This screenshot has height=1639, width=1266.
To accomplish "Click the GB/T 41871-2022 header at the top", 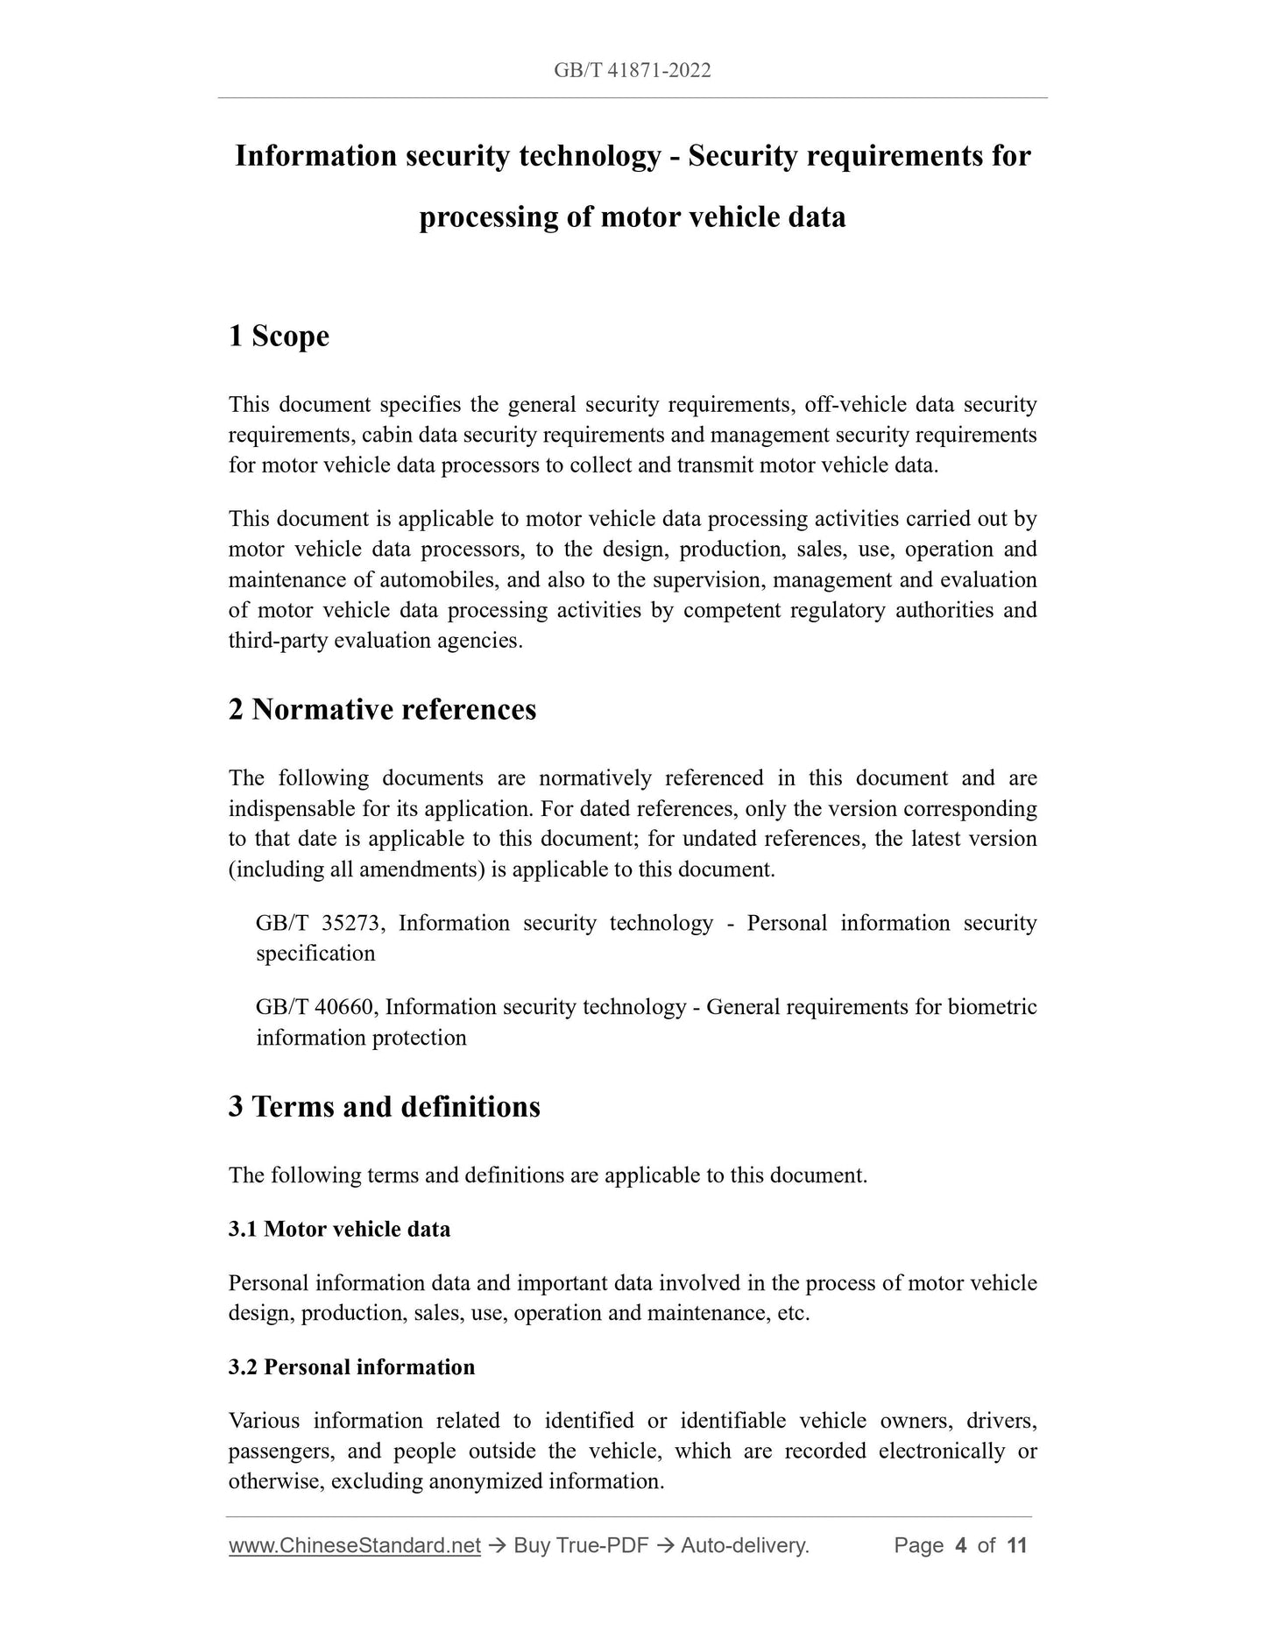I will pyautogui.click(x=632, y=71).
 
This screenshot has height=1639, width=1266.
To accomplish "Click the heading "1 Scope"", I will pyautogui.click(x=279, y=336).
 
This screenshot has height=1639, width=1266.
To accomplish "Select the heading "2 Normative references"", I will pyautogui.click(x=382, y=709).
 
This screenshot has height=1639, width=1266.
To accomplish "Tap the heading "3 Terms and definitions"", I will pyautogui.click(x=384, y=1106).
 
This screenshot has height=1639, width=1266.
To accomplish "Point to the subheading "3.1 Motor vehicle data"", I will pyautogui.click(x=339, y=1229).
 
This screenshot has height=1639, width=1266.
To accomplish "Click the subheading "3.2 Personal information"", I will pyautogui.click(x=351, y=1367).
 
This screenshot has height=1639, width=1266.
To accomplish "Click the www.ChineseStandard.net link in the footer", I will pyautogui.click(x=355, y=1545).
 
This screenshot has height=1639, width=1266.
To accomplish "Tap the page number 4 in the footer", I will pyautogui.click(x=961, y=1545).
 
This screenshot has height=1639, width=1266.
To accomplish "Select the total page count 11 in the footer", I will pyautogui.click(x=1016, y=1545).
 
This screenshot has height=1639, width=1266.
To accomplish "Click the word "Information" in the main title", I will pyautogui.click(x=315, y=156).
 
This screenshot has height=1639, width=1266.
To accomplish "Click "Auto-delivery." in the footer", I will pyautogui.click(x=745, y=1545).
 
